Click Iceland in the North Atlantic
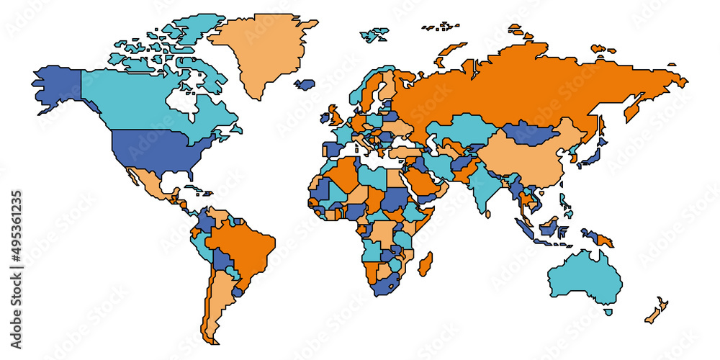(305, 84)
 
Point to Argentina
(216, 302)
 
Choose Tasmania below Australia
(608, 312)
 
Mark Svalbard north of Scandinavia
(374, 33)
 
